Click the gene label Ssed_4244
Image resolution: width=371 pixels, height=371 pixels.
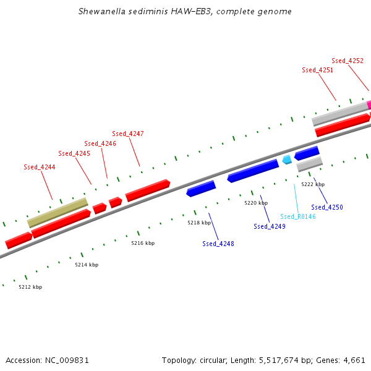click(x=40, y=167)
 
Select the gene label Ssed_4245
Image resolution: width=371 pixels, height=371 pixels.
click(x=74, y=153)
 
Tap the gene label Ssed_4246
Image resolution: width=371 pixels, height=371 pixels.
click(x=100, y=143)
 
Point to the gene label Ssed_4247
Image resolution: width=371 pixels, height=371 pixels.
click(x=128, y=134)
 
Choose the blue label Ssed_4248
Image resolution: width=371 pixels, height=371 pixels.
click(x=218, y=244)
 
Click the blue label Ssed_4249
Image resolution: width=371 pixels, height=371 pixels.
click(x=270, y=226)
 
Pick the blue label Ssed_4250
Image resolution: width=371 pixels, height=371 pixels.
click(x=327, y=207)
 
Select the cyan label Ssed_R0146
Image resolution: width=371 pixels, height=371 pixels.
click(x=298, y=216)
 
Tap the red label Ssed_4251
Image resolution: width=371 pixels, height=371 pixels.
click(x=318, y=70)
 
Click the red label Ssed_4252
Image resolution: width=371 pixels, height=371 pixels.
click(x=348, y=61)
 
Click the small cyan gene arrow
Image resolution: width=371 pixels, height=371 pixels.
click(x=287, y=160)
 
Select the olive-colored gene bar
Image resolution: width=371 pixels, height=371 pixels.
click(x=58, y=212)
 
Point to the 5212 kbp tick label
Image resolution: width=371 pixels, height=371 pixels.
click(x=30, y=287)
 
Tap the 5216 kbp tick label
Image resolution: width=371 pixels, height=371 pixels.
click(x=143, y=243)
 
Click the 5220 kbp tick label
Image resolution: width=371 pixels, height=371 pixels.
click(x=256, y=203)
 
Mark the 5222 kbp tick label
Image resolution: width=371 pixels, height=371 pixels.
click(x=313, y=184)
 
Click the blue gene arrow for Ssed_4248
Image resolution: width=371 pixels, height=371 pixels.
click(x=201, y=189)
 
